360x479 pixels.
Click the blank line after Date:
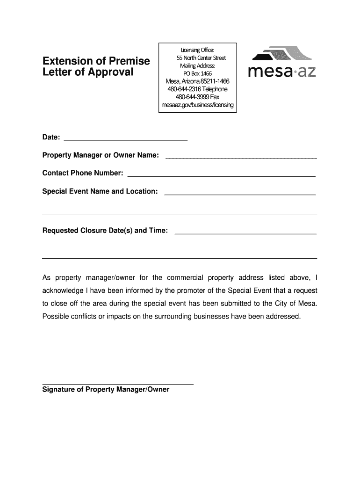point(125,139)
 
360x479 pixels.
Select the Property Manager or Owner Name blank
point(241,157)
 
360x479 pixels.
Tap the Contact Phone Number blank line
point(222,175)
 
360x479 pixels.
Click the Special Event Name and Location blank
point(240,193)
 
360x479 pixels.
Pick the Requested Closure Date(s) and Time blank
point(245,232)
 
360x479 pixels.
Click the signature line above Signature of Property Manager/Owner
point(118,383)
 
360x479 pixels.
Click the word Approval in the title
point(111,73)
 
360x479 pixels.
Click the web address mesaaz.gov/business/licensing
point(197,105)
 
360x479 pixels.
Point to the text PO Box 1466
point(197,73)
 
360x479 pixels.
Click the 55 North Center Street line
point(201,58)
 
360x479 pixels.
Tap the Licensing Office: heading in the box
point(197,50)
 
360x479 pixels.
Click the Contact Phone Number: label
point(83,174)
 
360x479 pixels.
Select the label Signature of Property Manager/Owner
point(106,390)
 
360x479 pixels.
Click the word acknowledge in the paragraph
point(63,290)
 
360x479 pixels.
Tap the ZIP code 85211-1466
point(213,81)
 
